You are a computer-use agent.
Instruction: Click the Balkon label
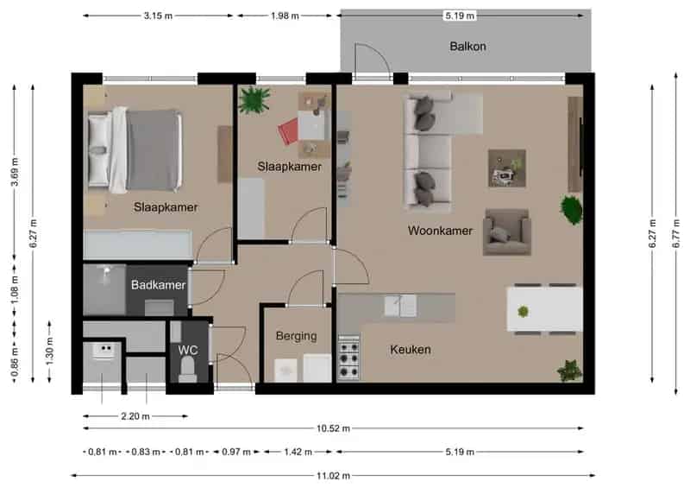pyautogui.click(x=467, y=47)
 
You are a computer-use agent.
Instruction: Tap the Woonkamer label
pyautogui.click(x=440, y=231)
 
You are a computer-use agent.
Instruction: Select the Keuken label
pyautogui.click(x=411, y=350)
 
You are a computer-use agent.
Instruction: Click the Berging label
pyautogui.click(x=296, y=336)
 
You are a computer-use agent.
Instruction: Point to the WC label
pyautogui.click(x=188, y=351)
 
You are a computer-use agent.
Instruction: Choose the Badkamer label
pyautogui.click(x=158, y=285)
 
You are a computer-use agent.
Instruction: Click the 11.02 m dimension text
pyautogui.click(x=334, y=476)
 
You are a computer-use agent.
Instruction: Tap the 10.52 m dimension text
pyautogui.click(x=334, y=428)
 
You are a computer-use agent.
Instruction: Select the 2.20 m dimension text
pyautogui.click(x=135, y=416)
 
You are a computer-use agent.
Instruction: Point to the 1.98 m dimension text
pyautogui.click(x=285, y=16)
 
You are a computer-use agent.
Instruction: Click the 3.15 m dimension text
pyautogui.click(x=158, y=16)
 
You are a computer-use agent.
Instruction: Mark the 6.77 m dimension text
pyautogui.click(x=676, y=233)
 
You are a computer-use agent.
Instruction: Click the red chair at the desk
pyautogui.click(x=289, y=130)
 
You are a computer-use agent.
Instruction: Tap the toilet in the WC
pyautogui.click(x=188, y=368)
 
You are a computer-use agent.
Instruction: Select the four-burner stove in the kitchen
pyautogui.click(x=348, y=357)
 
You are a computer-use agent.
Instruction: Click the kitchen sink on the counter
pyautogui.click(x=400, y=306)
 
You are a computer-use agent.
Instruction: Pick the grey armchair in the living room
pyautogui.click(x=506, y=232)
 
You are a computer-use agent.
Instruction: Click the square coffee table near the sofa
pyautogui.click(x=507, y=168)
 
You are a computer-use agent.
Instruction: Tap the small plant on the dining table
pyautogui.click(x=523, y=312)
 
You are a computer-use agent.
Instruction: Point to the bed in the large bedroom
pyautogui.click(x=135, y=150)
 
